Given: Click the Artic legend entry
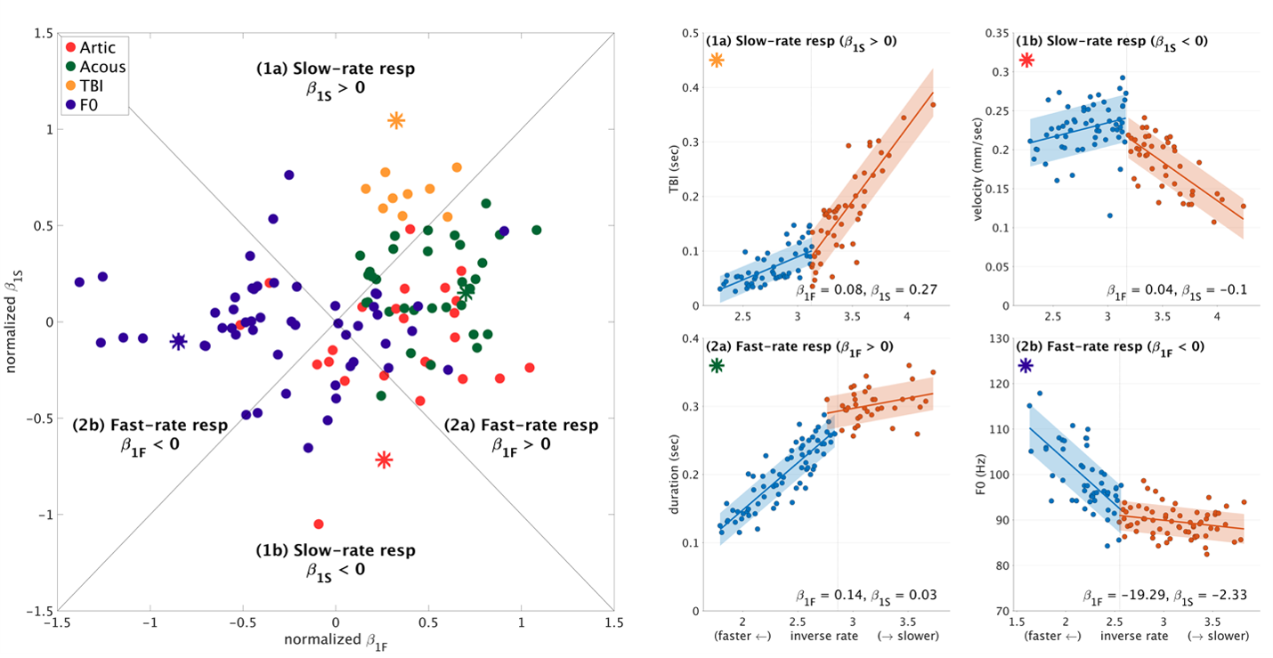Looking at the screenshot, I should pyautogui.click(x=95, y=46).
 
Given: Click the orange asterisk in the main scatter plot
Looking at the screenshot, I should pyautogui.click(x=396, y=120).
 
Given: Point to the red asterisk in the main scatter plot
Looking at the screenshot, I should pyautogui.click(x=384, y=459).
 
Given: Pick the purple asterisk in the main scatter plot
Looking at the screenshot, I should pyautogui.click(x=178, y=340).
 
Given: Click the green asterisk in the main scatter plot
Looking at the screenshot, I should pyautogui.click(x=466, y=290).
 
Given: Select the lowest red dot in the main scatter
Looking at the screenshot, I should pyautogui.click(x=319, y=524).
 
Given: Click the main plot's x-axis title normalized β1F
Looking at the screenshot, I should pyautogui.click(x=335, y=640).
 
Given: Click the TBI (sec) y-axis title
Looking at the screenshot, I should pyautogui.click(x=685, y=170).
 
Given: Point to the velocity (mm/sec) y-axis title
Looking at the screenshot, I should pyautogui.click(x=979, y=170).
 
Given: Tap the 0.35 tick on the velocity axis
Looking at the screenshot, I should pyautogui.click(x=999, y=33).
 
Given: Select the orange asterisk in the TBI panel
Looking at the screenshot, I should pyautogui.click(x=717, y=60).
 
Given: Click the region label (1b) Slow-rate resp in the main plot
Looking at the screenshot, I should pyautogui.click(x=336, y=549).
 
